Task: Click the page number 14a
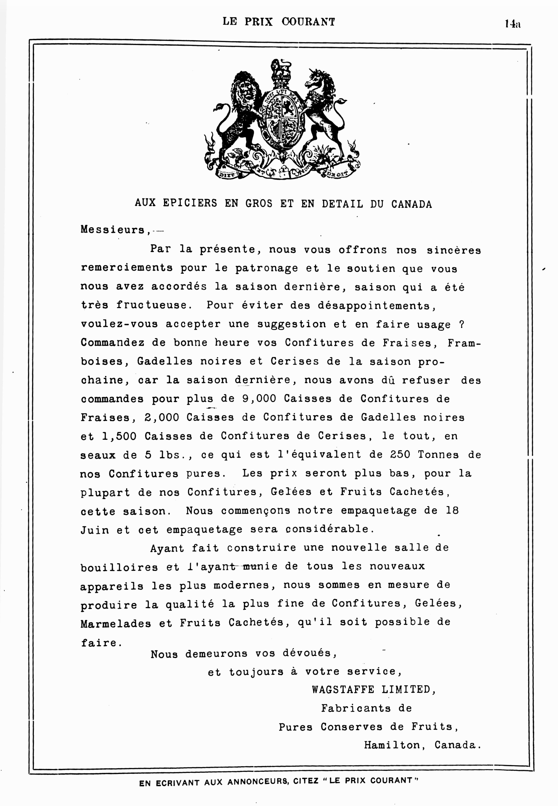click(x=512, y=24)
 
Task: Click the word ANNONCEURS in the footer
click(x=258, y=783)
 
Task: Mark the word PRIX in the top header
click(x=258, y=22)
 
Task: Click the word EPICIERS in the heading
click(x=190, y=203)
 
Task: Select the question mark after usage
click(x=461, y=324)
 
